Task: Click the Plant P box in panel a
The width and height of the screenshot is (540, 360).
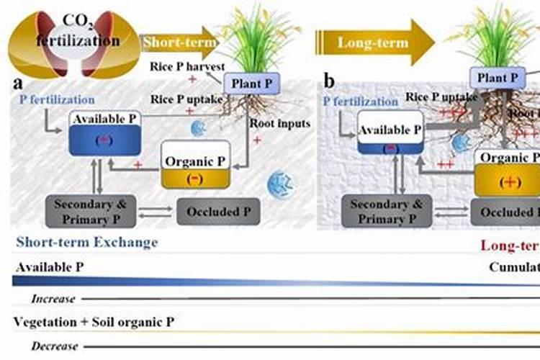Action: click(x=251, y=84)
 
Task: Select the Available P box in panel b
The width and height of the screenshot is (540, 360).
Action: click(x=389, y=137)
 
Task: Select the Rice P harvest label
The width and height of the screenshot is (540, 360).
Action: click(x=185, y=66)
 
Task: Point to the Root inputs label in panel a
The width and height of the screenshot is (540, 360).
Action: click(x=280, y=123)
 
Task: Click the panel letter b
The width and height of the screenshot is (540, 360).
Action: click(x=329, y=81)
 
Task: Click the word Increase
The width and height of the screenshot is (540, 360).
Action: click(x=55, y=298)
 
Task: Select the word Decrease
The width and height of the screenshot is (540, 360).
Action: click(x=55, y=346)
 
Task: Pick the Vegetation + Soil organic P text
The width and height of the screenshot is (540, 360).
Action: click(x=94, y=323)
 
